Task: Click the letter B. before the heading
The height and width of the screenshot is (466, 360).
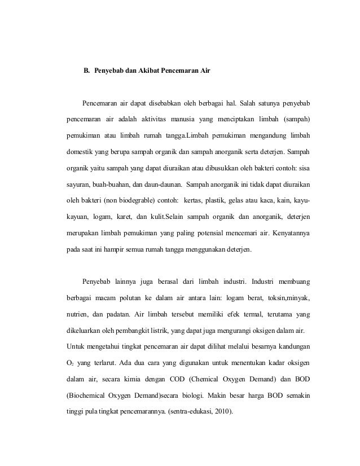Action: coord(87,72)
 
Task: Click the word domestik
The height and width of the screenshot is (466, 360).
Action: coord(76,152)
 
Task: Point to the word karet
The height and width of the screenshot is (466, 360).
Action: coord(121,216)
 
